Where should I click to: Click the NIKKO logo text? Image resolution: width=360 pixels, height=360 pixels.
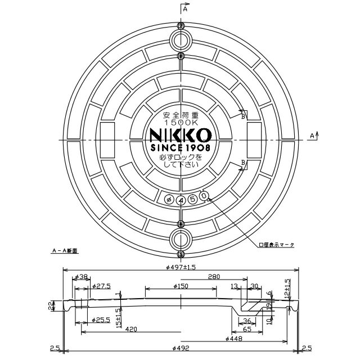tap(180, 135)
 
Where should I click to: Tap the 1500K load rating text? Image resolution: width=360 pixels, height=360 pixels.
tap(180, 122)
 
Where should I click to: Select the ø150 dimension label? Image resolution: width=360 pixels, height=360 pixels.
tap(180, 286)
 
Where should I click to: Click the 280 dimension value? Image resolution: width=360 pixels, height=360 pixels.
tap(213, 277)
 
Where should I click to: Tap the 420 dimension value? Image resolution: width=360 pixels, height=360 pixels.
tap(132, 329)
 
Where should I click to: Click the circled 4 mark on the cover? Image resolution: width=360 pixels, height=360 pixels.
tap(180, 200)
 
